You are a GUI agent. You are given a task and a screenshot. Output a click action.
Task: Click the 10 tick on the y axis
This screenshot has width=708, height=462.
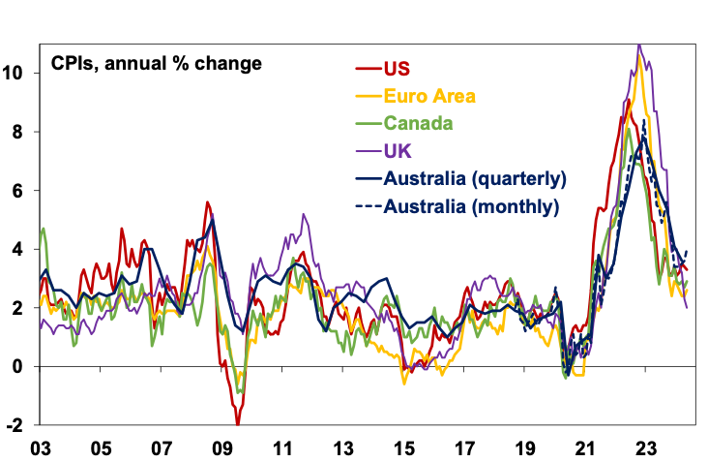[x=16, y=73]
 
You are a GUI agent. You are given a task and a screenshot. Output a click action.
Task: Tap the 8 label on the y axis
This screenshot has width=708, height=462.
[x=21, y=132]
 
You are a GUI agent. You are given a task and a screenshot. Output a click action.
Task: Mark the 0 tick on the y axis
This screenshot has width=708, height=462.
[x=21, y=367]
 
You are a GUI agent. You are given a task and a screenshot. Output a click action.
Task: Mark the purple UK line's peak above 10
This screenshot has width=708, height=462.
[x=638, y=45]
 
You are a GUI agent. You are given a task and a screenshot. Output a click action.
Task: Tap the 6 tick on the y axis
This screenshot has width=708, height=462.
[x=21, y=191]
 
